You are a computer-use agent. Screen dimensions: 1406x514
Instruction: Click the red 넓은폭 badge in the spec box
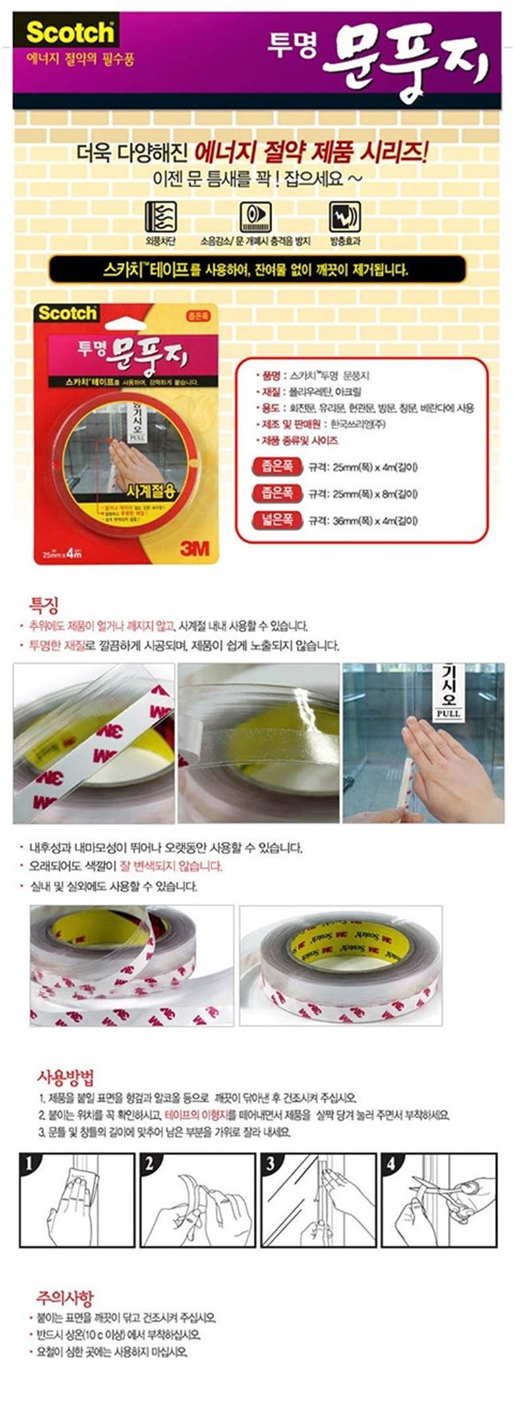277,520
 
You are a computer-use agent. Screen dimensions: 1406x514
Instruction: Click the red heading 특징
43,605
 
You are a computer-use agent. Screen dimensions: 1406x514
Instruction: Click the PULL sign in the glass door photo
449,713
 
